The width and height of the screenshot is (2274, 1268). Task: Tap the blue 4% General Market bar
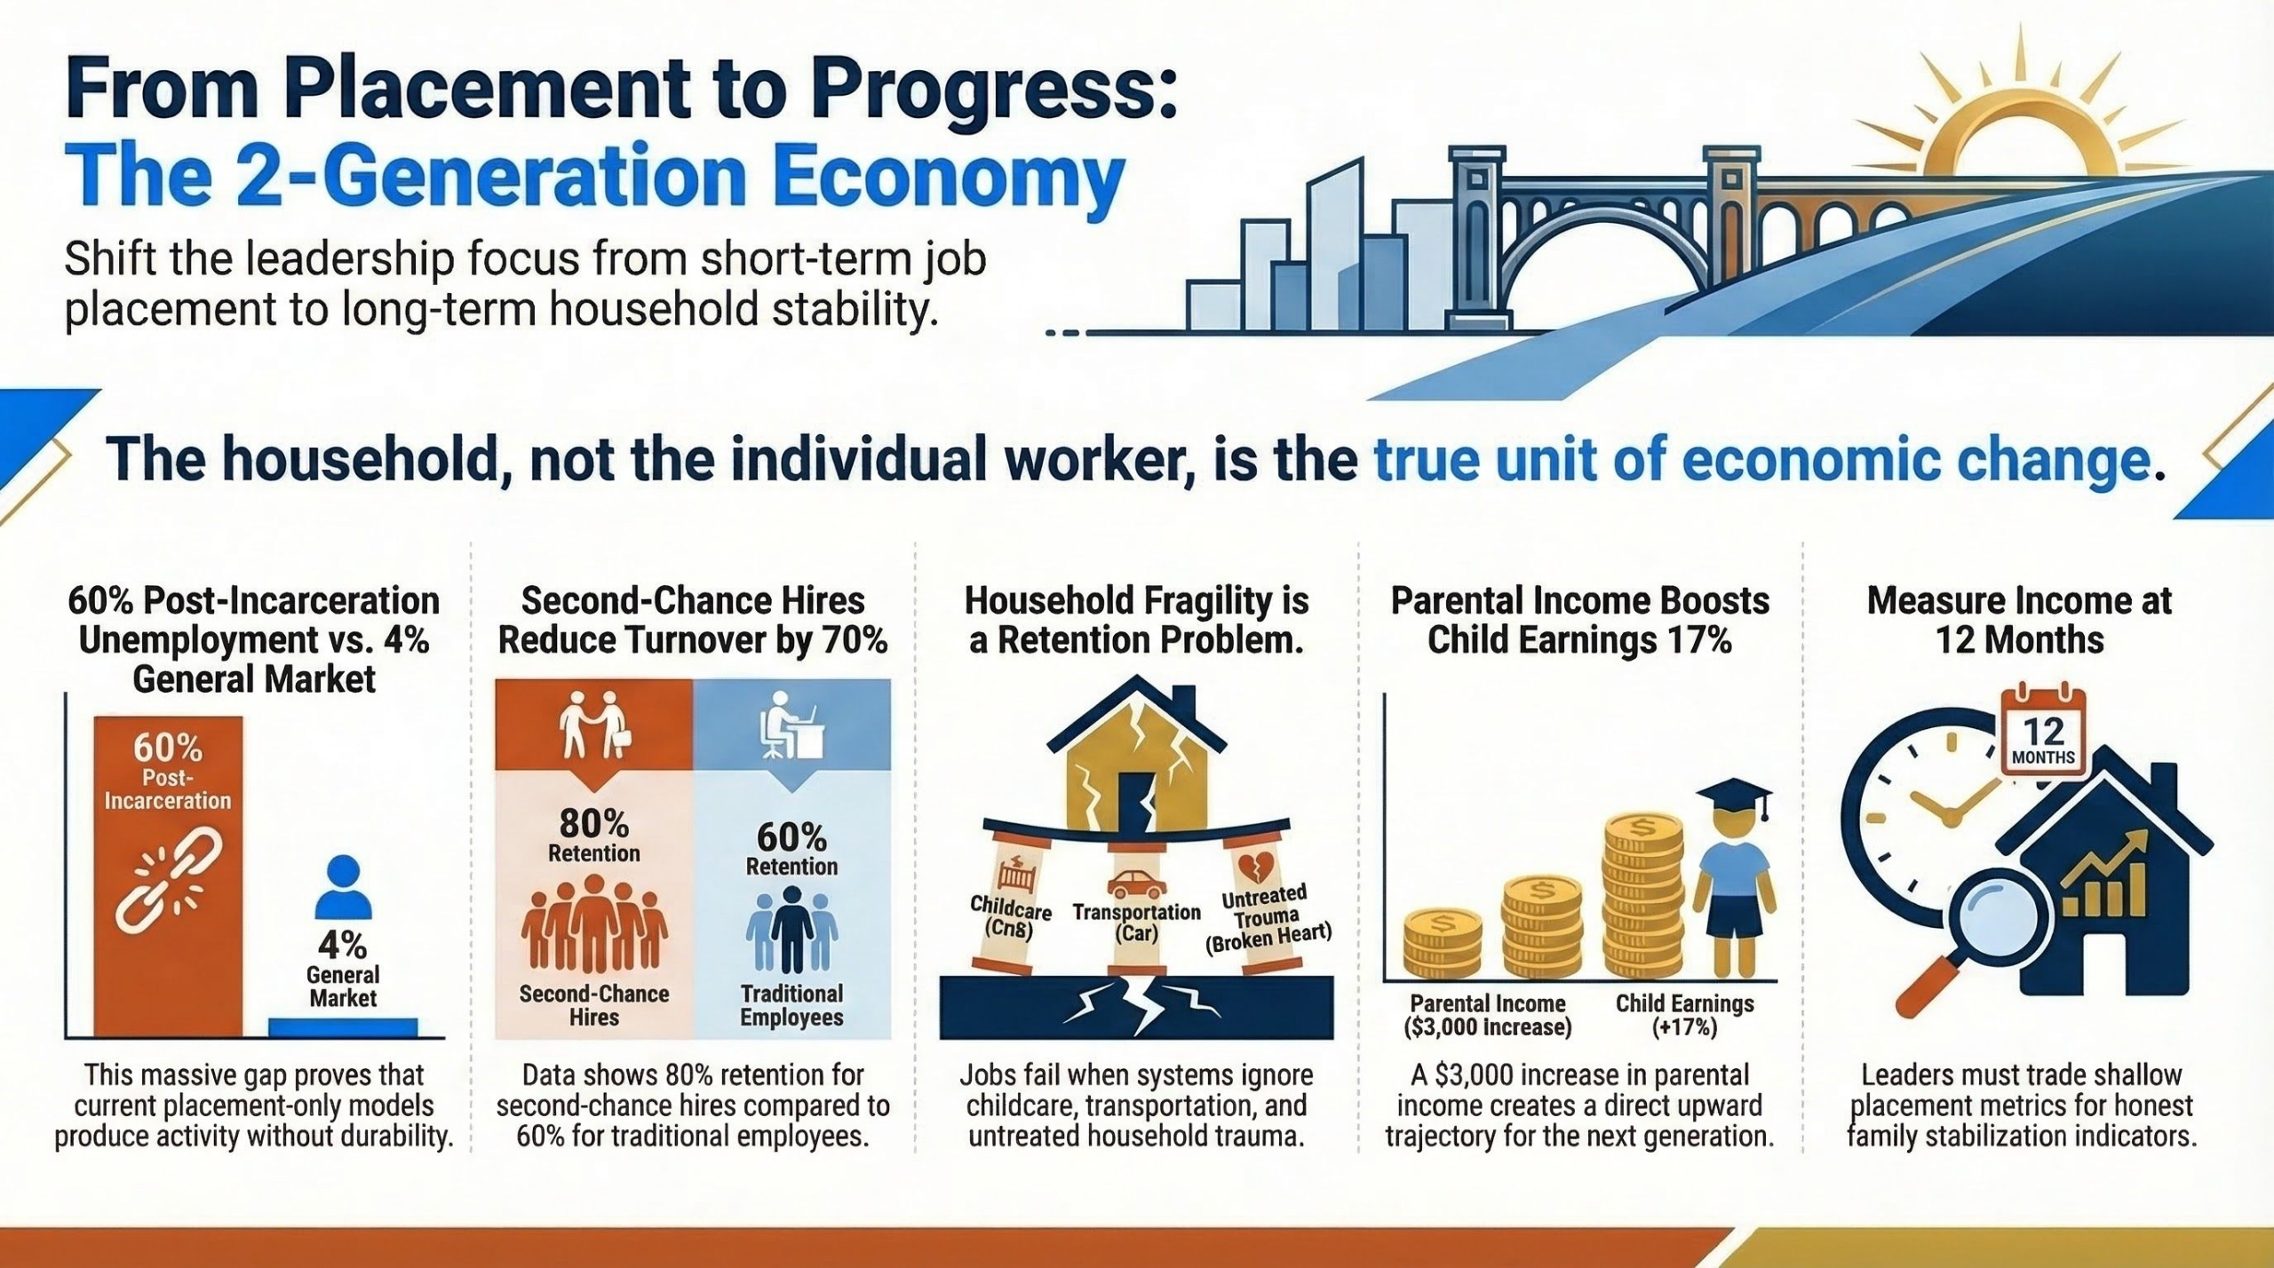point(343,1027)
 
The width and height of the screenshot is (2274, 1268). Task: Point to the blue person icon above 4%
point(343,887)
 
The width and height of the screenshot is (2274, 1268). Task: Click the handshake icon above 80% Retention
point(594,725)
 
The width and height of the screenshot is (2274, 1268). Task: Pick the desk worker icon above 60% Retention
point(791,725)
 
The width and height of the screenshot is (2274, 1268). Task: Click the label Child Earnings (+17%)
point(1684,1015)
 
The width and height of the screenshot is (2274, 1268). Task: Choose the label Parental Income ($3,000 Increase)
point(1488,1015)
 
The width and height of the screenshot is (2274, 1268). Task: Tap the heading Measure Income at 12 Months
point(2019,620)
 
